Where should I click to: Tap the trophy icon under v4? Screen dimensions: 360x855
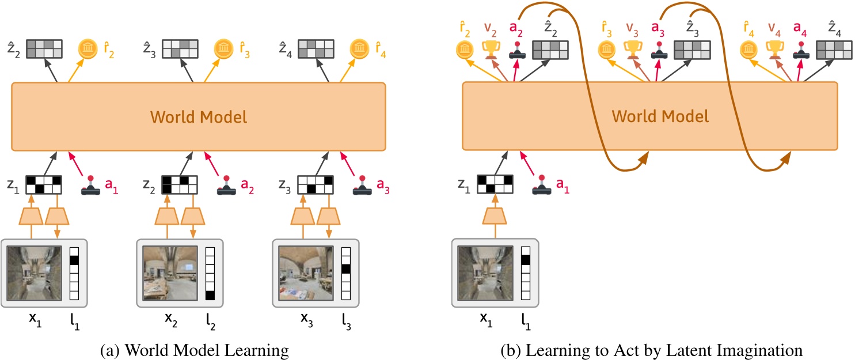[x=774, y=50]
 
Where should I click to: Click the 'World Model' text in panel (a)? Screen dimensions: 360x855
[x=199, y=117]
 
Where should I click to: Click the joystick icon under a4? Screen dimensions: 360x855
[x=800, y=50]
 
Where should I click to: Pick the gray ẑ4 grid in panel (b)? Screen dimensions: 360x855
[x=831, y=50]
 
